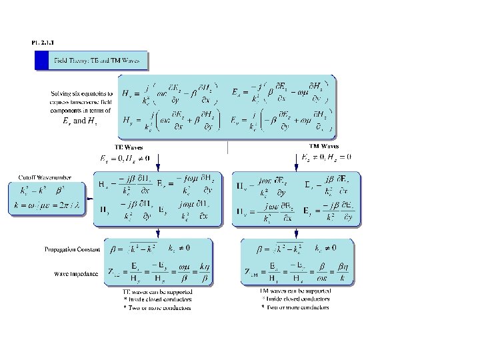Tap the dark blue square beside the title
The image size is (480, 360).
coord(43,61)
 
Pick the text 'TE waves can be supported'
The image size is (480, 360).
coord(157,292)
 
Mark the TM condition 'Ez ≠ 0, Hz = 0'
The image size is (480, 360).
coord(327,157)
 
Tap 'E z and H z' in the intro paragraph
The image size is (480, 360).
coord(69,121)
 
